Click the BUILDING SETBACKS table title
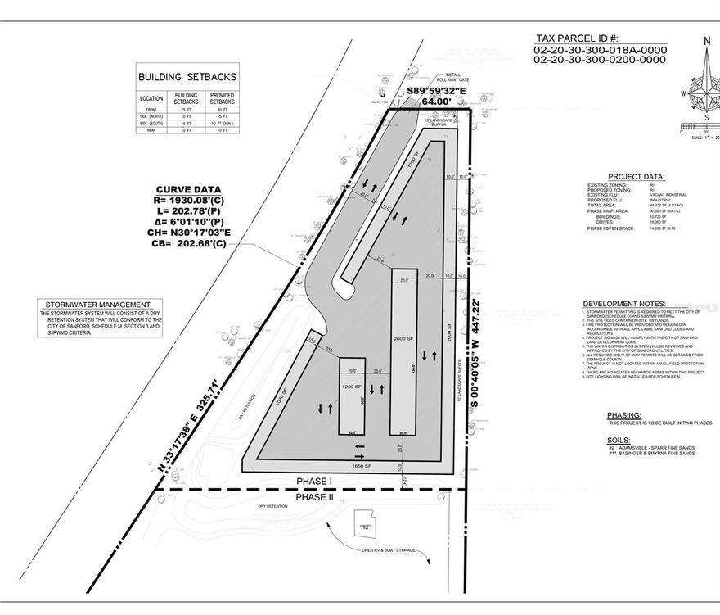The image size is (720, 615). [x=187, y=77]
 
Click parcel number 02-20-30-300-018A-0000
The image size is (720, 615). [x=601, y=49]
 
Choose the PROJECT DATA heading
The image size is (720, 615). [x=636, y=177]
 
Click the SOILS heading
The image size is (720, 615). [x=621, y=439]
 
